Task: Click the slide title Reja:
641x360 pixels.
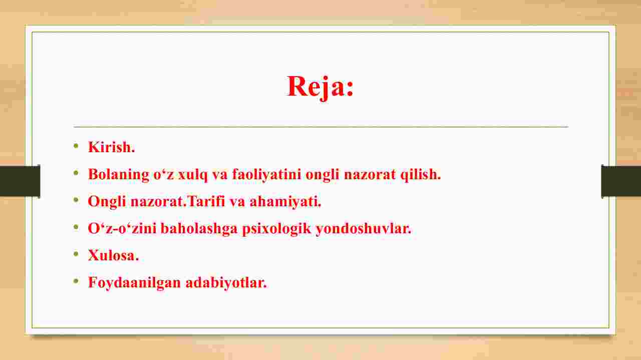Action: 320,87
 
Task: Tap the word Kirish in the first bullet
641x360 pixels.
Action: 110,147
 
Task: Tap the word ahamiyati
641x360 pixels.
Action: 284,201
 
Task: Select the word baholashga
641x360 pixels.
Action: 199,229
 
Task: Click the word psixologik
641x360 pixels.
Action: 276,229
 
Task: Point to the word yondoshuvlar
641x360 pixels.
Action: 362,229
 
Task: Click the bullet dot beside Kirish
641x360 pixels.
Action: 76,146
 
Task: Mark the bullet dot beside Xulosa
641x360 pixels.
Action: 76,254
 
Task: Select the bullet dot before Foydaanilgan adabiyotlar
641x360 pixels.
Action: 76,281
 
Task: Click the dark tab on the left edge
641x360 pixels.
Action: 20,181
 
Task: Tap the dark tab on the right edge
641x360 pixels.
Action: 621,181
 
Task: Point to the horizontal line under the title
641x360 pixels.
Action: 321,126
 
